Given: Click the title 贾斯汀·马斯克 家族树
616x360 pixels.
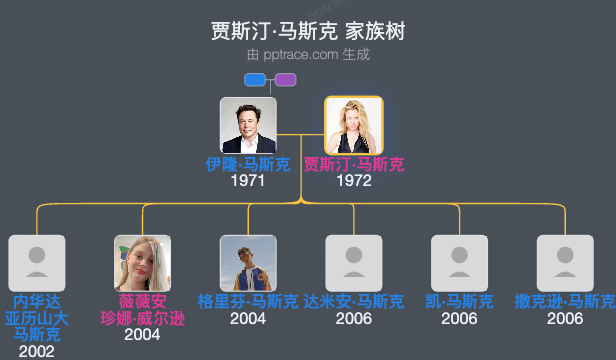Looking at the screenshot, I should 308,31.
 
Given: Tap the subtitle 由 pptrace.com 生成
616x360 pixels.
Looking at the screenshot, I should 308,54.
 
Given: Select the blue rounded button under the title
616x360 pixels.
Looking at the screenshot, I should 255,80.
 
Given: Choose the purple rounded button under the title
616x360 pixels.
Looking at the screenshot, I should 285,80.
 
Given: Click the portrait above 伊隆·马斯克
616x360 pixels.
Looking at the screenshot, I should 248,125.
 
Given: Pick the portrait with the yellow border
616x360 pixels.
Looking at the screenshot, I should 353,125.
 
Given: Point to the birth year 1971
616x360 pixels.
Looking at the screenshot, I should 248,181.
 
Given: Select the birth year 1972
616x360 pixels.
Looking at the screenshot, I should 354,181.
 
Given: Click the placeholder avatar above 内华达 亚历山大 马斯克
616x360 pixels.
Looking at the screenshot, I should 37,263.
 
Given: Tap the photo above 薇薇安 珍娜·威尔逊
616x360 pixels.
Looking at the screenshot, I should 142,263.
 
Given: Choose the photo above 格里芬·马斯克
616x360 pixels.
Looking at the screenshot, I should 248,263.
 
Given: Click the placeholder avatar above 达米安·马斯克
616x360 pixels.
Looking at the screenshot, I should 354,263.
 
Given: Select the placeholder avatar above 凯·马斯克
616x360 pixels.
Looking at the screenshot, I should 459,263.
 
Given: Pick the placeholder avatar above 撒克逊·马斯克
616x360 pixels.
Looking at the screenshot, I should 565,263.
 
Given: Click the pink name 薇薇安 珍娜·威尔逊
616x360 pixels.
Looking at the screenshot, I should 142,310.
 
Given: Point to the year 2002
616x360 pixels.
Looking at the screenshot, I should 37,351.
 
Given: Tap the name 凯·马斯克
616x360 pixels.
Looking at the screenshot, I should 459,302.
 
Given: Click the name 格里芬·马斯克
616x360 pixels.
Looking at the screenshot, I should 248,302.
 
